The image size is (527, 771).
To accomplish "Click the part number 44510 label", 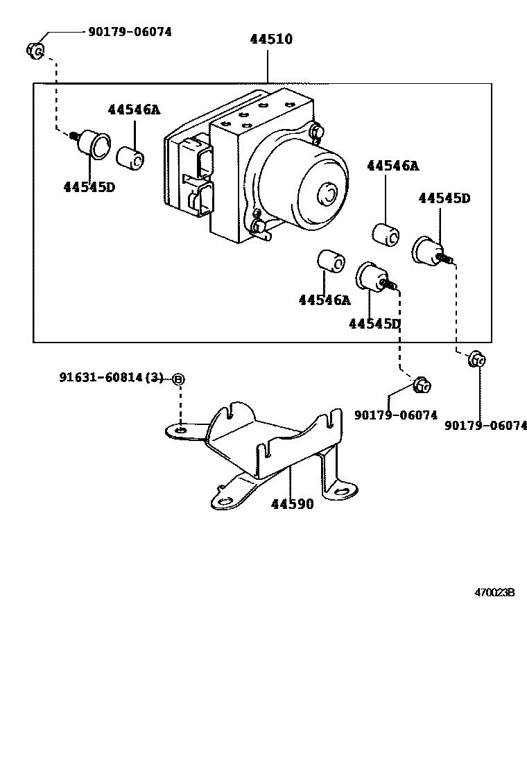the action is [x=271, y=39].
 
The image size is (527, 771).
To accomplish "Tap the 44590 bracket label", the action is [x=293, y=504].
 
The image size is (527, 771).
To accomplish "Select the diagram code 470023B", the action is [x=494, y=593].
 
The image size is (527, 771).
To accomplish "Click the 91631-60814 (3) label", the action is [x=111, y=377].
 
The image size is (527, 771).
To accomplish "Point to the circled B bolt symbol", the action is [x=179, y=379].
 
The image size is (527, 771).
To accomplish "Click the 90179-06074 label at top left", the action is [x=130, y=32].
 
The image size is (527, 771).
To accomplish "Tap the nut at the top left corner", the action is [x=35, y=50].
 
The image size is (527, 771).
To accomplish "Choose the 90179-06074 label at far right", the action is [x=485, y=425].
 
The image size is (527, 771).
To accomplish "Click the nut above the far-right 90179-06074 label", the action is [x=476, y=359].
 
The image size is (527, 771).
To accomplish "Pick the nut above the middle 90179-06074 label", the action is [x=422, y=385].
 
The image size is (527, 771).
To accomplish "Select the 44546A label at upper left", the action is [x=135, y=110].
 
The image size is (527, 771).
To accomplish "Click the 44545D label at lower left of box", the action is [x=89, y=187].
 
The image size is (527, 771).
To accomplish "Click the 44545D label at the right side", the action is [x=444, y=198].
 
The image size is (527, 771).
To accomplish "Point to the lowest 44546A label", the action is [x=325, y=300].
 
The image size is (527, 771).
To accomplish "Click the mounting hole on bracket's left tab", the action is [x=180, y=431].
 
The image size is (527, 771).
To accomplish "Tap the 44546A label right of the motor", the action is [x=392, y=166].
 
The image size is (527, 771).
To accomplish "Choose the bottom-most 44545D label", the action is [x=375, y=324].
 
